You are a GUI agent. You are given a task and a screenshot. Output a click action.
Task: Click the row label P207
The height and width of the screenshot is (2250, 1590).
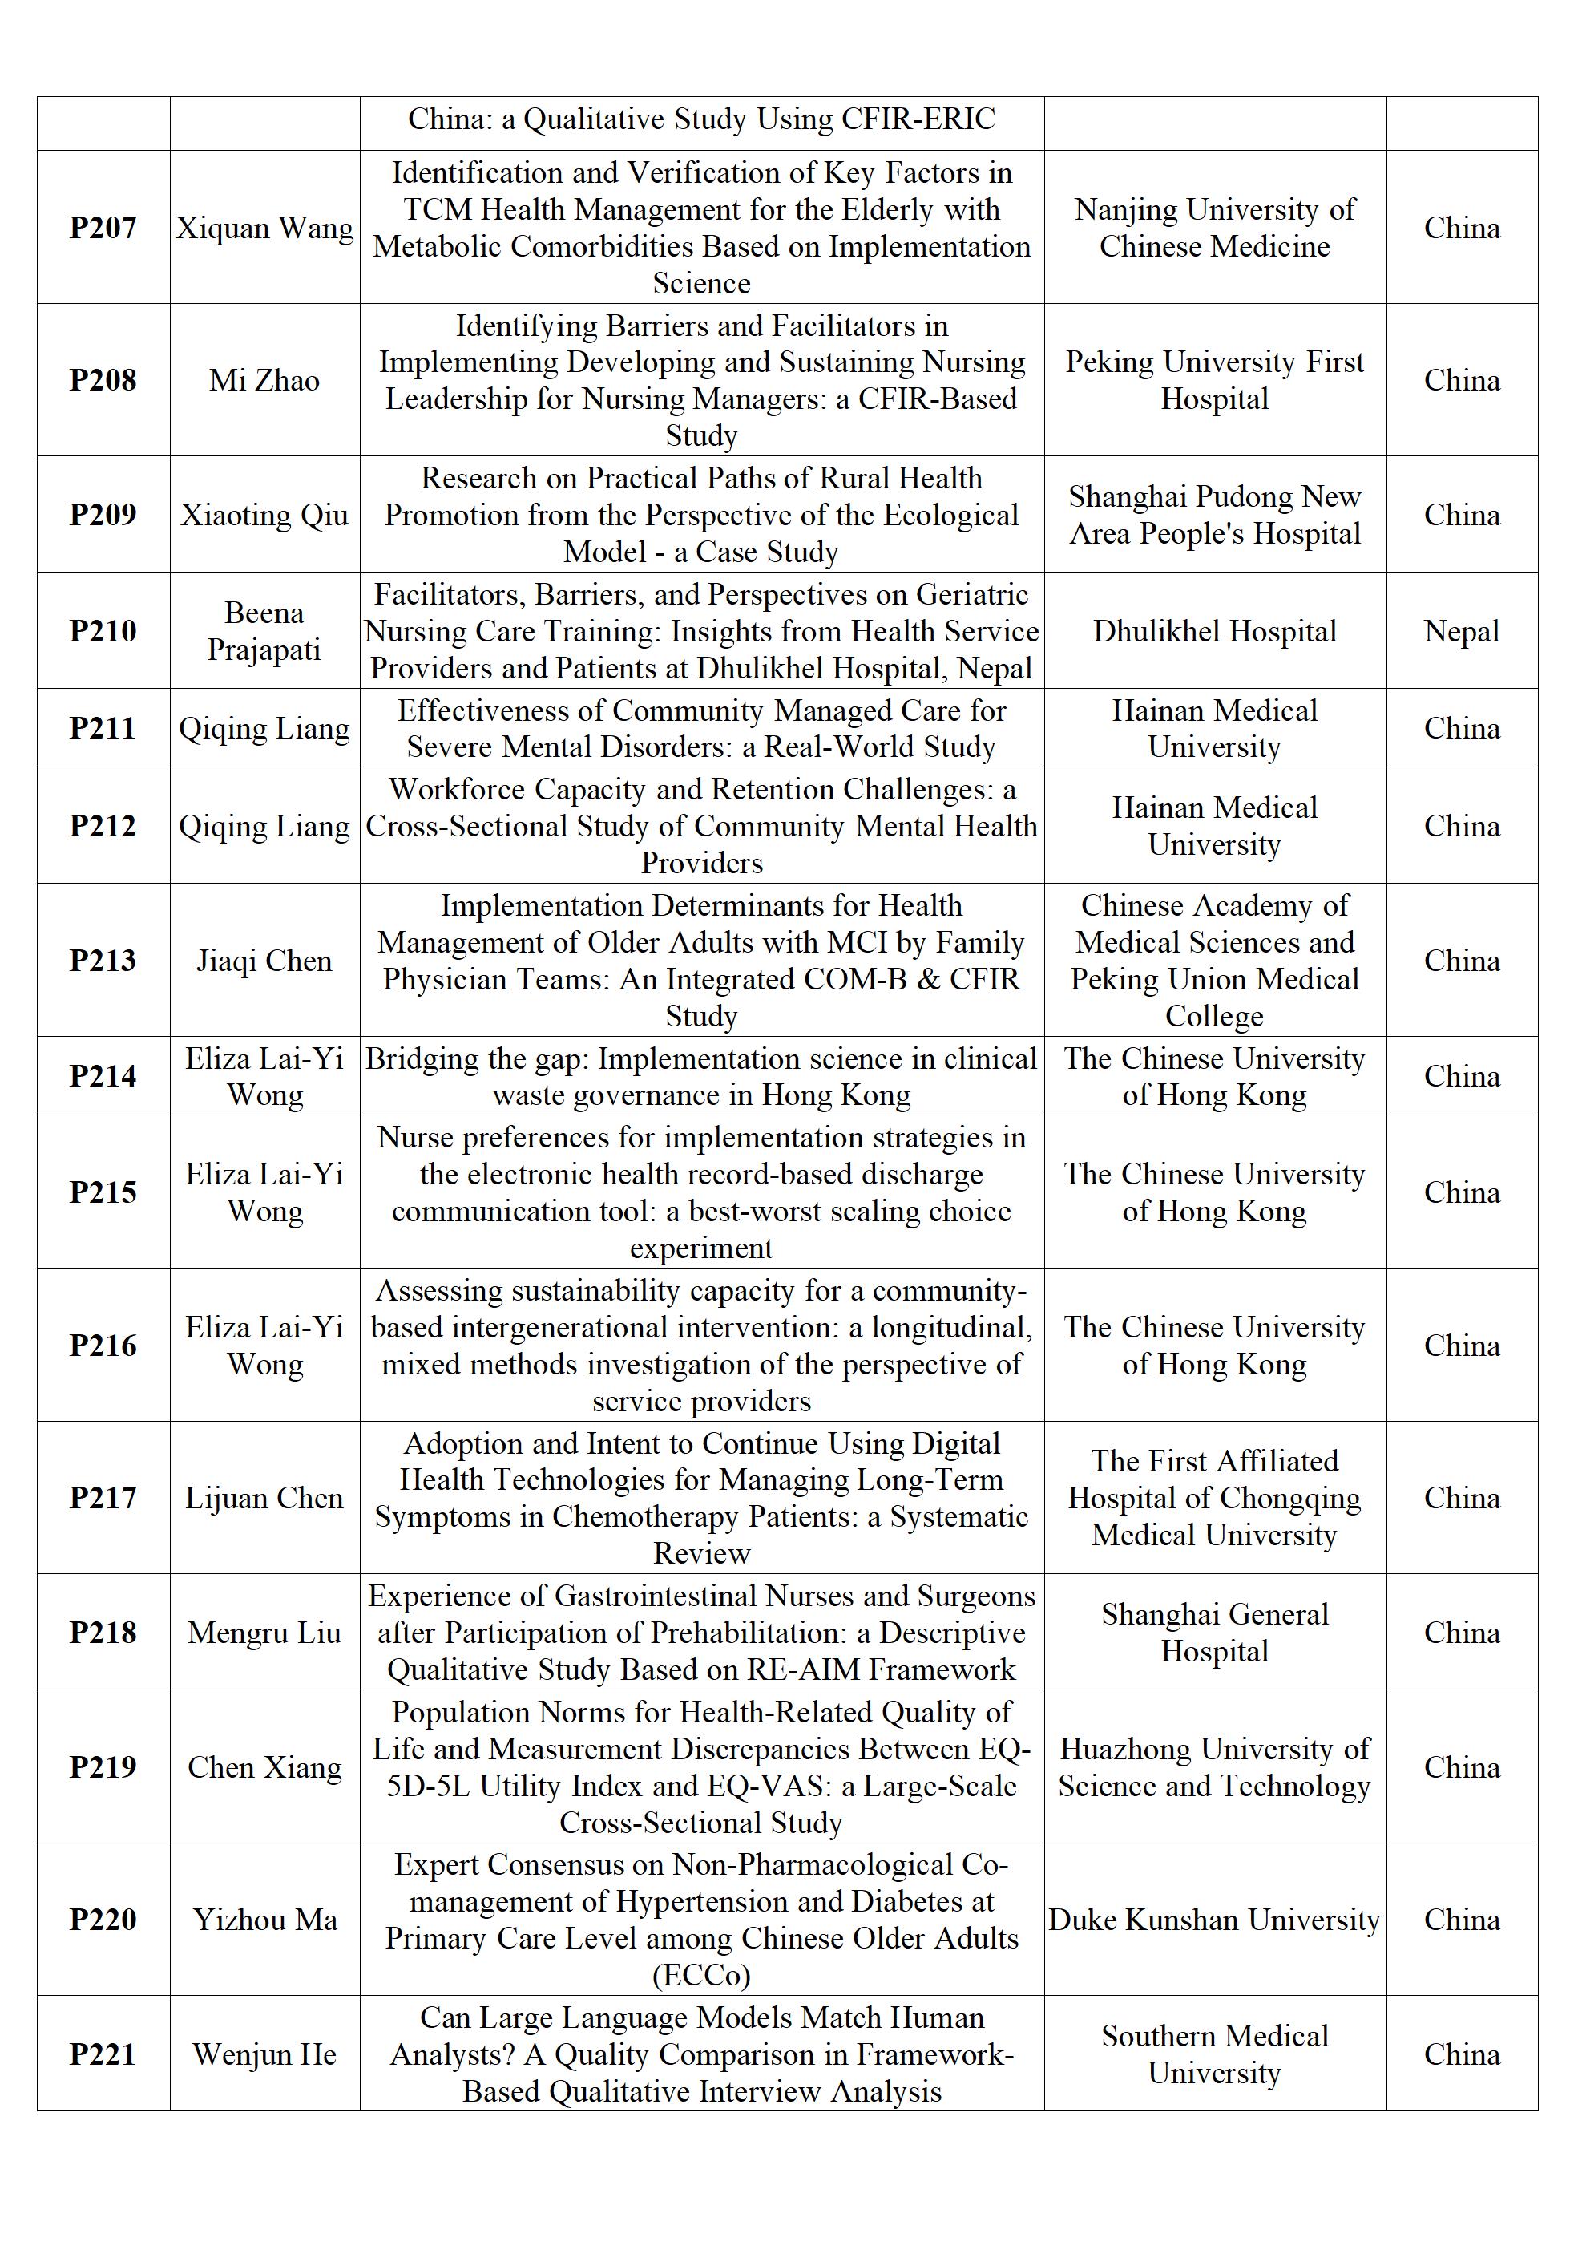(103, 228)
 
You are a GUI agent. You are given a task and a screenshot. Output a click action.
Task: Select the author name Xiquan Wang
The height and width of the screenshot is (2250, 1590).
(264, 228)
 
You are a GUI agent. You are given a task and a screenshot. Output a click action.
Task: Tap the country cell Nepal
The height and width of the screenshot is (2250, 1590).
(1461, 630)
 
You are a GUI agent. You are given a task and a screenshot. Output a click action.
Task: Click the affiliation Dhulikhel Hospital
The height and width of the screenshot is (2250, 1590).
(1214, 630)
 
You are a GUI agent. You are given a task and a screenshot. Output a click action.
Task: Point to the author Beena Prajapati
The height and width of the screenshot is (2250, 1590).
(264, 630)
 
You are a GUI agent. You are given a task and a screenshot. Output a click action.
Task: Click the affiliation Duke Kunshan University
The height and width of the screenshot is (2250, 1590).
(1214, 1919)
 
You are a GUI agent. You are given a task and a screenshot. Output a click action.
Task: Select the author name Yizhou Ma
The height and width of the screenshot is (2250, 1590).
(264, 1919)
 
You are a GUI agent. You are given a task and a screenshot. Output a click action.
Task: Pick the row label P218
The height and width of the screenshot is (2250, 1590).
(103, 1632)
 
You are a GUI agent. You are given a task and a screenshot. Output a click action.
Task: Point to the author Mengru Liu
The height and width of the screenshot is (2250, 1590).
(264, 1632)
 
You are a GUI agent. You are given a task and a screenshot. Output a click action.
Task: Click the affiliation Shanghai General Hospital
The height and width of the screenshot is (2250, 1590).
(1214, 1632)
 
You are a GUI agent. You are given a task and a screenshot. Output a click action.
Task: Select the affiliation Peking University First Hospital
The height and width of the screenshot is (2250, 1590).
(1214, 379)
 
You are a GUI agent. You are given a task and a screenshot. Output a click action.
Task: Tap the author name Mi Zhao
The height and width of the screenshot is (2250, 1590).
(264, 379)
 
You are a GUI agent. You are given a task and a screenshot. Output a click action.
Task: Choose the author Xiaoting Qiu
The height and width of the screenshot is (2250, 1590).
(264, 515)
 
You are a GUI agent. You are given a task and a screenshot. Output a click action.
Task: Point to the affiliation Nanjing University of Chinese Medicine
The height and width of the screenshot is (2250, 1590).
(1214, 228)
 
